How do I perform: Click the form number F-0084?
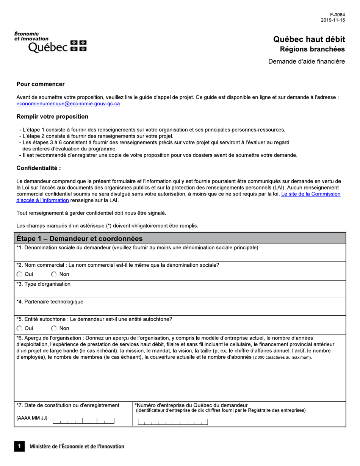[337, 15]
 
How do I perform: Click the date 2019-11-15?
[333, 20]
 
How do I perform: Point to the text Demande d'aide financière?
[307, 61]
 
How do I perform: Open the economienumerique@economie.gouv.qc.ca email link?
[68, 104]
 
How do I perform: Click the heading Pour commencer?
[41, 84]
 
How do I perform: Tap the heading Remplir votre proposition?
[52, 116]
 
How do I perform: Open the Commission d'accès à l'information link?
[310, 194]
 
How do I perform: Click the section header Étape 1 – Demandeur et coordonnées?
[80, 238]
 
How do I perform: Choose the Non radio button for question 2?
[54, 274]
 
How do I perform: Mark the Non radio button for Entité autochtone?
[54, 328]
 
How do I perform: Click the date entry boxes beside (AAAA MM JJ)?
[84, 421]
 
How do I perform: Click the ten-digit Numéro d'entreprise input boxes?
[173, 422]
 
